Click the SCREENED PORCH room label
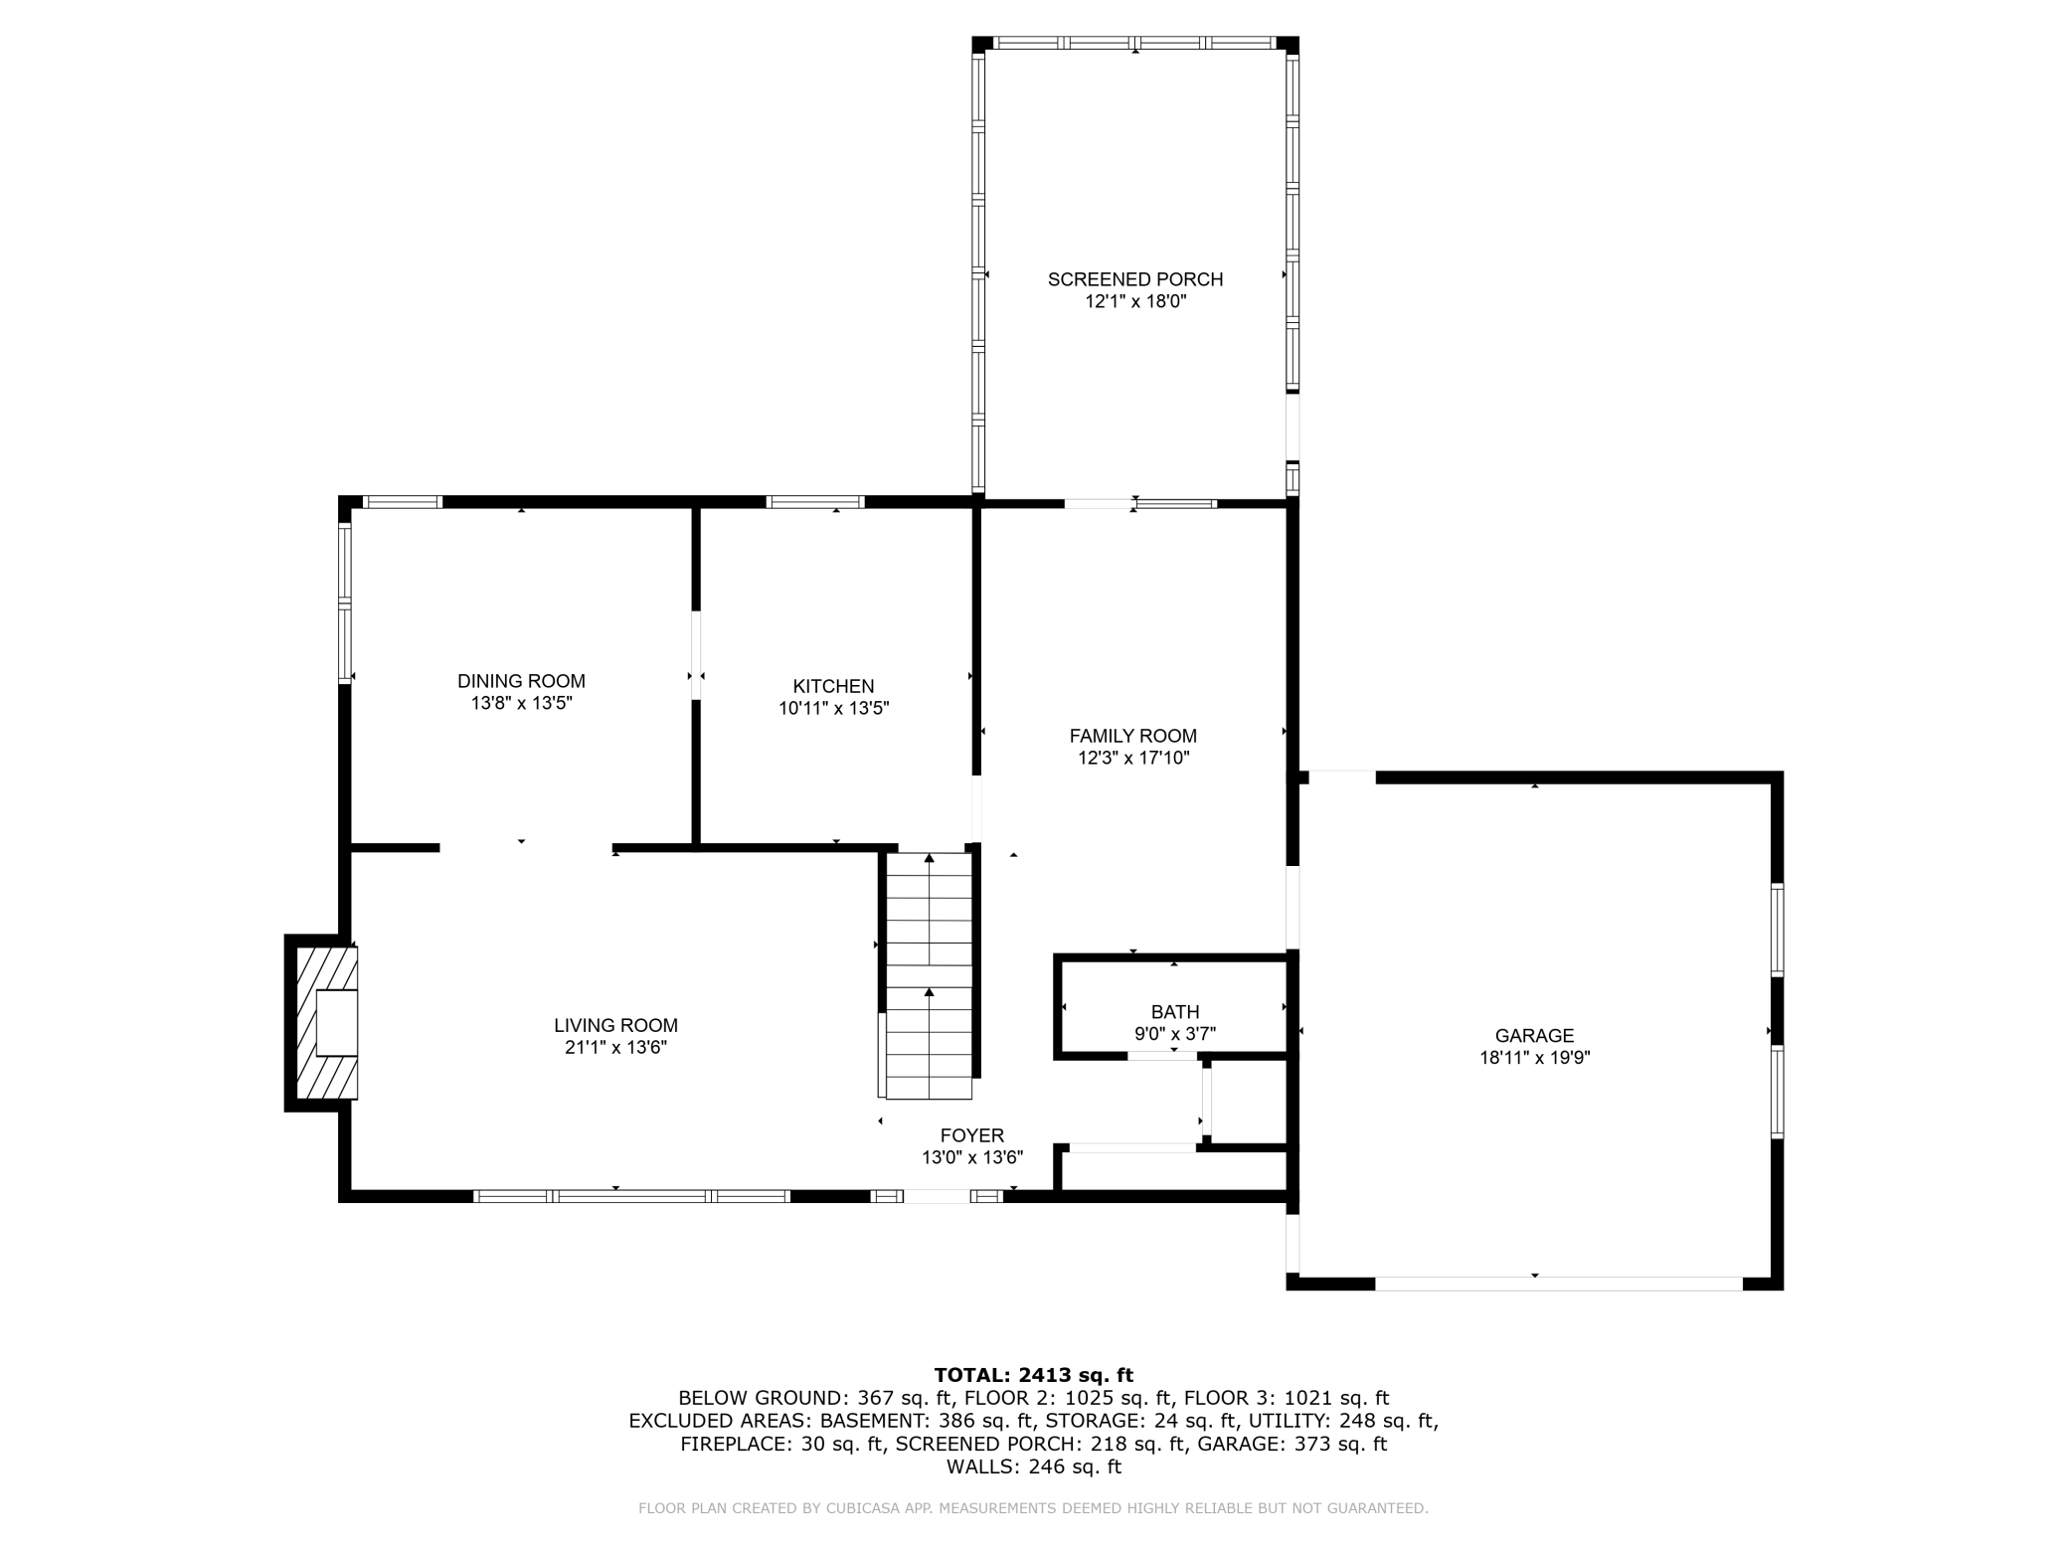(x=1135, y=279)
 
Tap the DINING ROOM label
(x=521, y=681)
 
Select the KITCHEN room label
(x=833, y=686)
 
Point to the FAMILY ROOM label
(x=1133, y=736)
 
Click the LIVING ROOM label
(x=615, y=1025)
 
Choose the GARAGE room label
(x=1534, y=1035)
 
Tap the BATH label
(x=1175, y=1012)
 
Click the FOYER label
(x=972, y=1135)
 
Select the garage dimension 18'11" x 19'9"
(x=1534, y=1058)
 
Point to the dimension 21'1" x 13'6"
(x=615, y=1047)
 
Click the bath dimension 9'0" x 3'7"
(x=1175, y=1034)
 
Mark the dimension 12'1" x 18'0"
(x=1135, y=301)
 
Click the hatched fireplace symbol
(x=324, y=1023)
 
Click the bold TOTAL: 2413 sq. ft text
(x=1033, y=1375)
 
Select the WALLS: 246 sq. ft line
(x=1033, y=1466)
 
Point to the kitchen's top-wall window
(x=815, y=502)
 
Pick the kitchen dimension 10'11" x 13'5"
(x=833, y=708)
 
